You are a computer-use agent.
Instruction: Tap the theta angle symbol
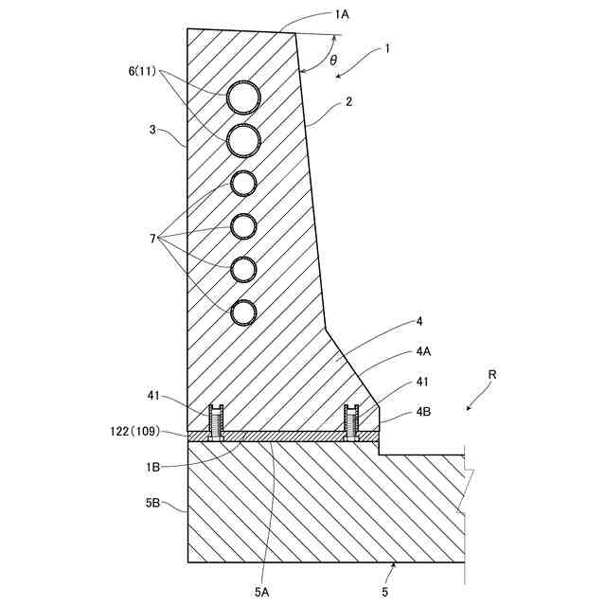(x=333, y=60)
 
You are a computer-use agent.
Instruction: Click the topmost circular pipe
(x=244, y=96)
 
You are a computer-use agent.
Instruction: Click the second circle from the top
(x=244, y=138)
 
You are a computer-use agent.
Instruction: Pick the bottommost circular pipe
(x=244, y=312)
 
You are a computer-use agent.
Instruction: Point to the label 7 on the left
(x=151, y=240)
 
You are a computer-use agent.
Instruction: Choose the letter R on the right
(x=492, y=375)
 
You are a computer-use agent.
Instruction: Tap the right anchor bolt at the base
(x=351, y=422)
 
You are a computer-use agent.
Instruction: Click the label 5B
(x=152, y=504)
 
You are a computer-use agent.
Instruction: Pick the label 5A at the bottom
(x=262, y=592)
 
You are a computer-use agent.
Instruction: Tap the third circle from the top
(x=244, y=182)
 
